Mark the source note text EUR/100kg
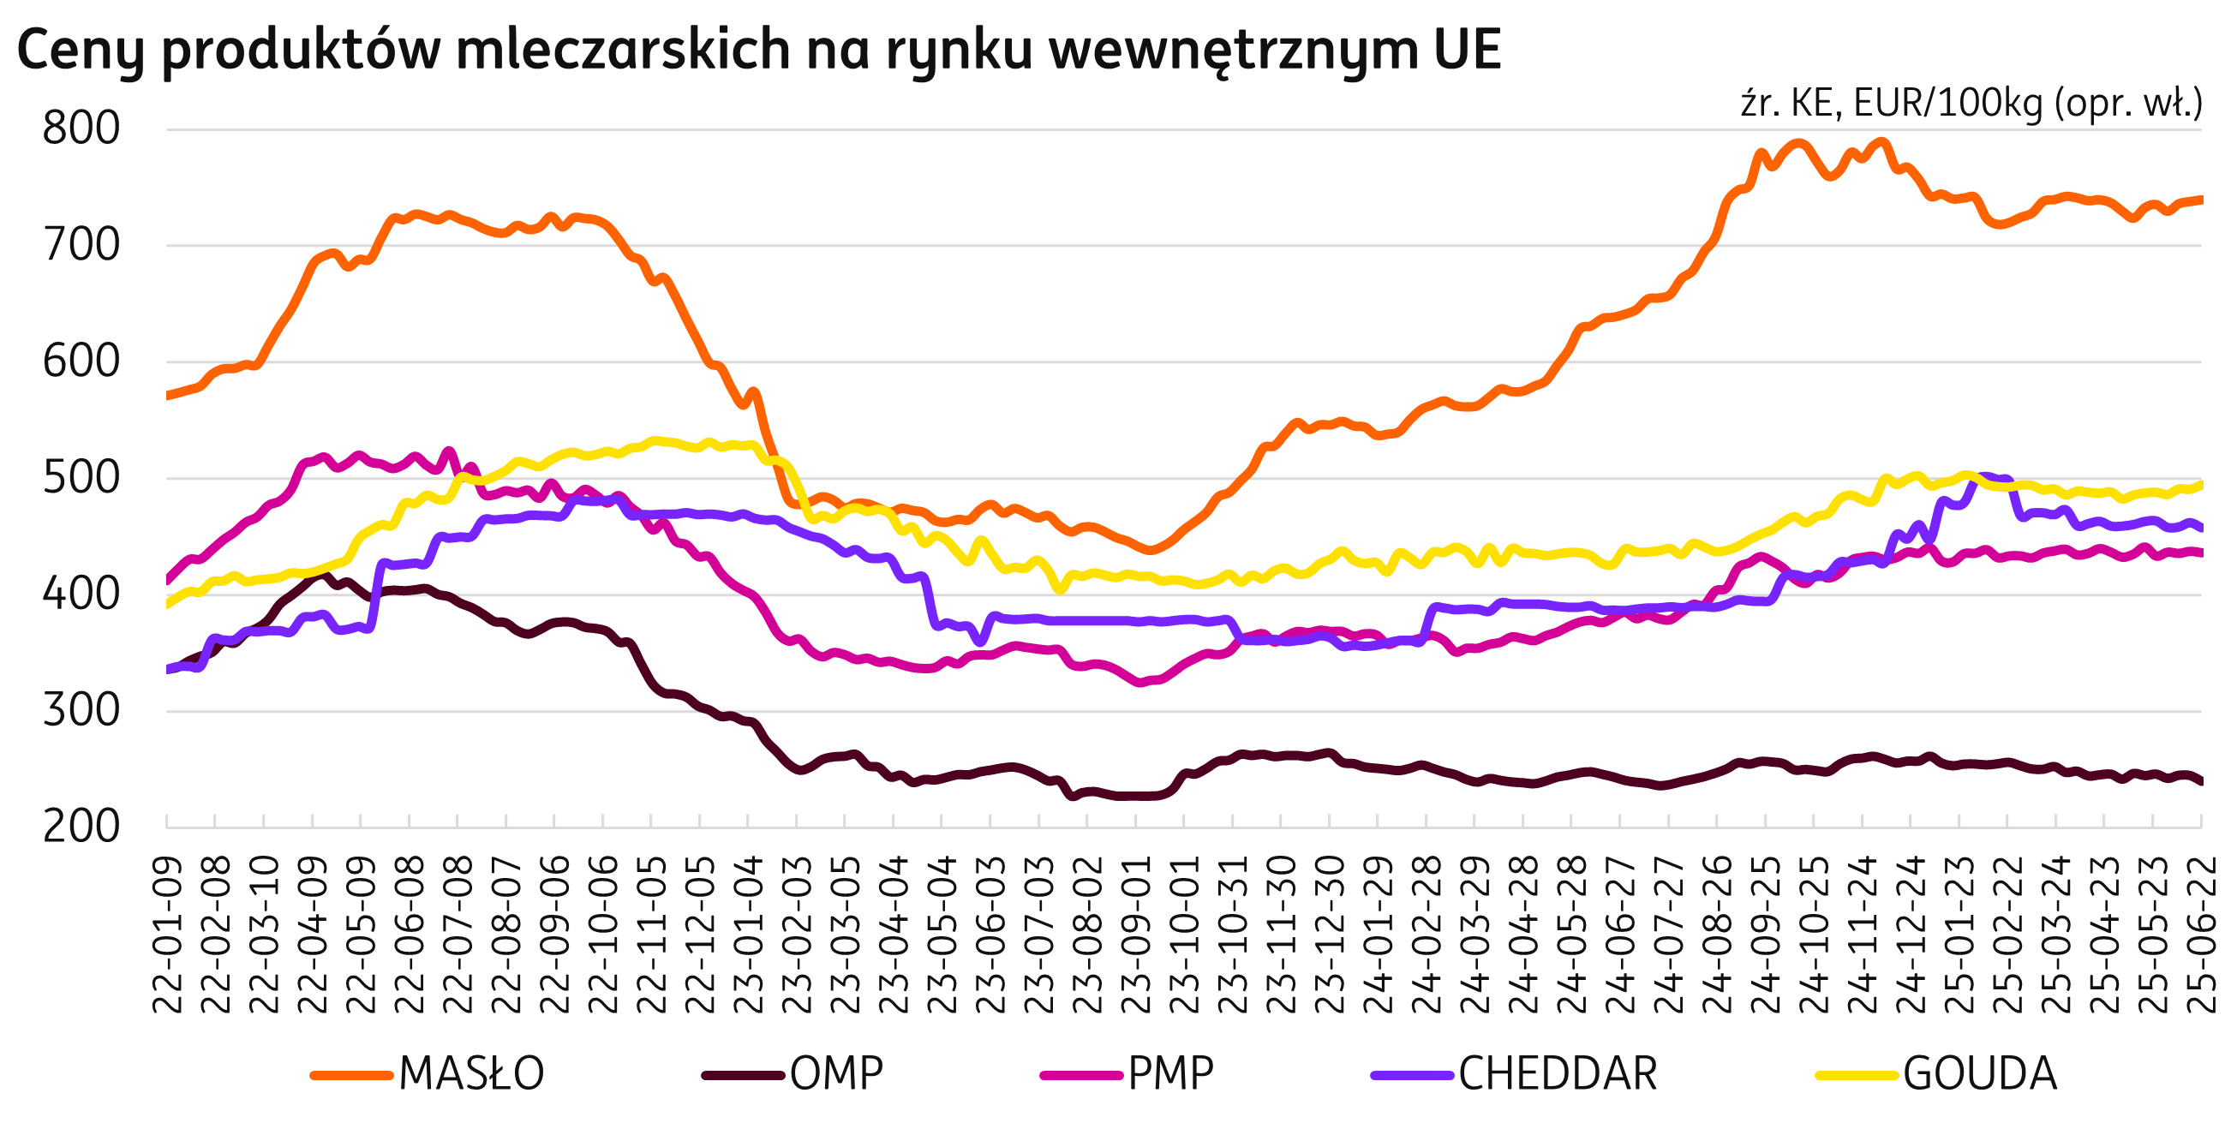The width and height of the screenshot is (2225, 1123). click(1947, 105)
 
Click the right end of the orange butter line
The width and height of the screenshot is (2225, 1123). click(2200, 200)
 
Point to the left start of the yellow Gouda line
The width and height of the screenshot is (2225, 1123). click(169, 605)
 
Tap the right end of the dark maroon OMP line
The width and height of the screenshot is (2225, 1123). click(2200, 782)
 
